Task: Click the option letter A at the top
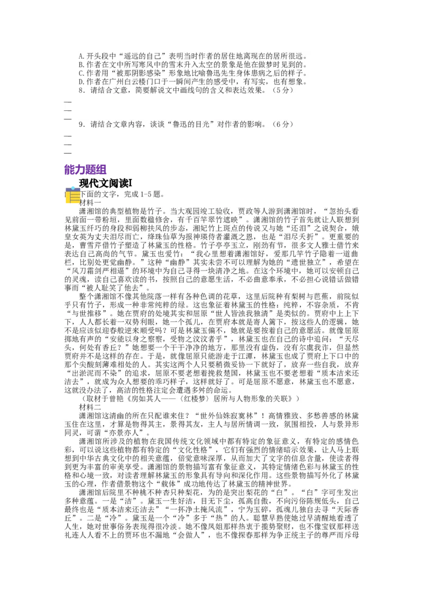(x=80, y=55)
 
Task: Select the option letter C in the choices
(x=80, y=73)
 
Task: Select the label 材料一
(x=89, y=202)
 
